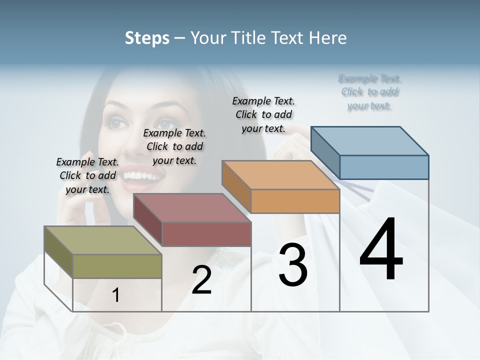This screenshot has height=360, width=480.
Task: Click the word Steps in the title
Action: (147, 38)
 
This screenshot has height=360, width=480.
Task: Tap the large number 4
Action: (381, 249)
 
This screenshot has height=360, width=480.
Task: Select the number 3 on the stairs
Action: (292, 265)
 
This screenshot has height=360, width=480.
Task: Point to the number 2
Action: (201, 280)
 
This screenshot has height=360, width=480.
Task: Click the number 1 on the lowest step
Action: (116, 295)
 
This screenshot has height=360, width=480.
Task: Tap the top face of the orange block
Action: (280, 175)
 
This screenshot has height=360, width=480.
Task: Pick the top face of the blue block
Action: (369, 141)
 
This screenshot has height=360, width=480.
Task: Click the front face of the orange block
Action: (295, 201)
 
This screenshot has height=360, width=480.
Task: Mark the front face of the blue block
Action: (384, 167)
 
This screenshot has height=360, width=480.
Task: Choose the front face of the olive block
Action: (117, 266)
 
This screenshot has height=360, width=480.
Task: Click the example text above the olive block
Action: (87, 175)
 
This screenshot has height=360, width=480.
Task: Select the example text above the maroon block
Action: (174, 146)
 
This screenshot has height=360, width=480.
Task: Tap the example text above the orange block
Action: (263, 114)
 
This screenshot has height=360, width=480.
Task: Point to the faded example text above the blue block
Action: (369, 92)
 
